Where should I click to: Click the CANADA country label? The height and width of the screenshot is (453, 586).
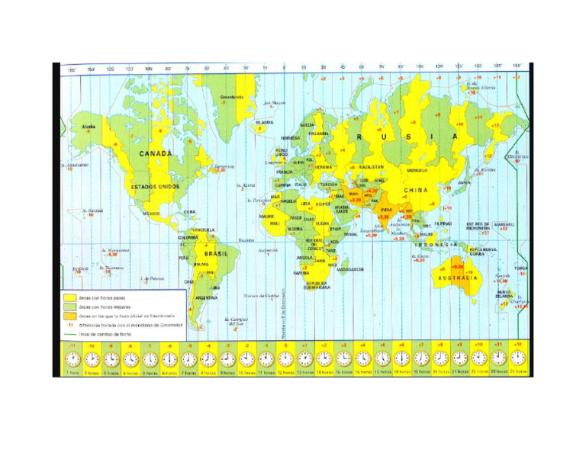point(156,153)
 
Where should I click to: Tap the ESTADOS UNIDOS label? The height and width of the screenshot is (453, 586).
point(154,186)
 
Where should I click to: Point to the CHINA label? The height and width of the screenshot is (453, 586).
point(417,189)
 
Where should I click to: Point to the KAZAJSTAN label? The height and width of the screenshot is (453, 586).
point(372,167)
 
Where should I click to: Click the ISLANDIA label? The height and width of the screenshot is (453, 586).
point(265,122)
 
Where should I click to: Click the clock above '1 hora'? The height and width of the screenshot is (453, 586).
point(72,359)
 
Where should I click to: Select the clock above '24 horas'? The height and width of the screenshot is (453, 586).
point(518,359)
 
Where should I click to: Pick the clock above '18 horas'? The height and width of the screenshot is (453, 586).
point(402,359)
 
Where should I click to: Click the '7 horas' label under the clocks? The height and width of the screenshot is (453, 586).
point(188,373)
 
